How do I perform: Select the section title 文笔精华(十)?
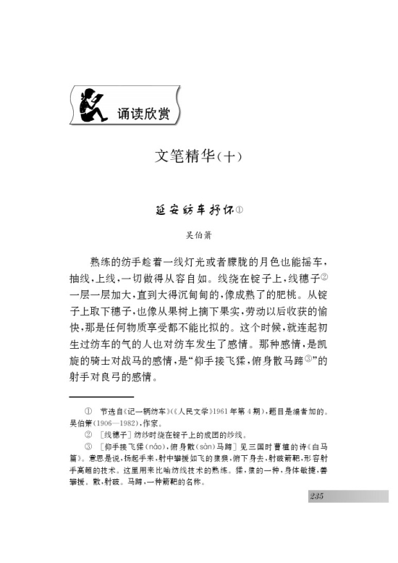pyautogui.click(x=198, y=157)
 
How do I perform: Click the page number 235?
pyautogui.click(x=316, y=496)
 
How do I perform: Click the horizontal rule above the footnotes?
pyautogui.click(x=101, y=397)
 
